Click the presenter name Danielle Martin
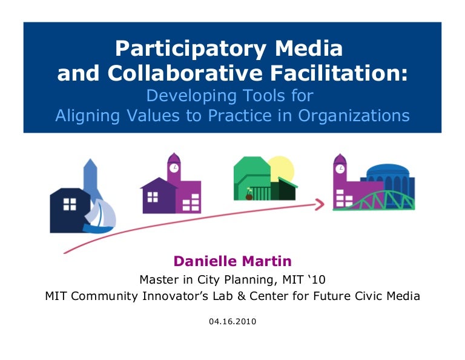coord(232,261)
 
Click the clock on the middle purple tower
coord(174,168)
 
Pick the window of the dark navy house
coord(70,204)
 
